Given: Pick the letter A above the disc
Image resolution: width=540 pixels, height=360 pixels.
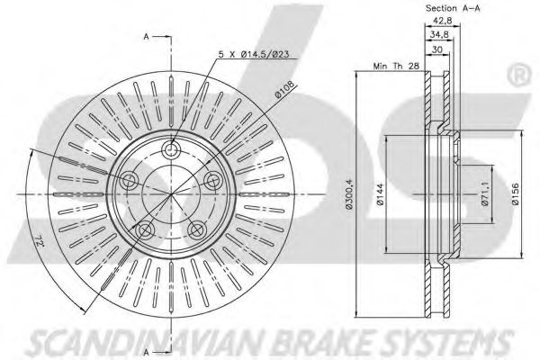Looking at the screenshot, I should (145, 37).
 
